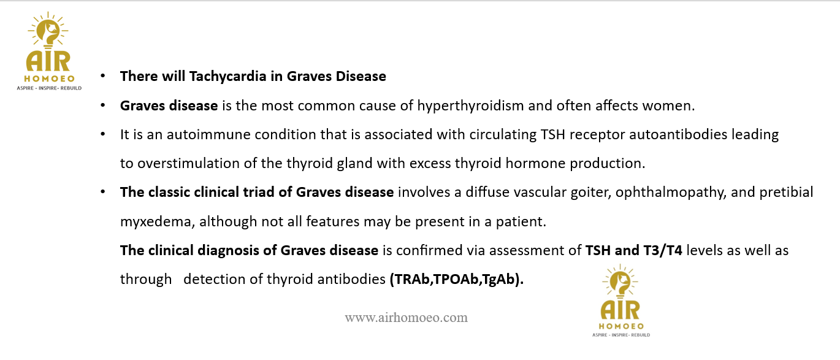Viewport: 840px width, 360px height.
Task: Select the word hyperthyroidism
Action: (x=470, y=105)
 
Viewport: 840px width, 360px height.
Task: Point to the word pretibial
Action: (x=787, y=193)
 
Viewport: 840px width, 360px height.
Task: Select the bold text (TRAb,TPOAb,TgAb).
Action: (x=457, y=280)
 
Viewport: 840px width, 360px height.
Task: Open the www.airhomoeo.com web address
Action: (x=406, y=318)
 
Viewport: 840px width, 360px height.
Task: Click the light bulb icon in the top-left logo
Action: (x=48, y=30)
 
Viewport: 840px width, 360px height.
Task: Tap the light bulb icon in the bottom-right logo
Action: (x=620, y=281)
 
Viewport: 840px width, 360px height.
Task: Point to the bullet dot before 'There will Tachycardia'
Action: (x=103, y=76)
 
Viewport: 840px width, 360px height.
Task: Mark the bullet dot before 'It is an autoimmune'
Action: (x=103, y=134)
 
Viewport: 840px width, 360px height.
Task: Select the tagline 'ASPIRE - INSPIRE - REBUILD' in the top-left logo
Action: (x=49, y=88)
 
